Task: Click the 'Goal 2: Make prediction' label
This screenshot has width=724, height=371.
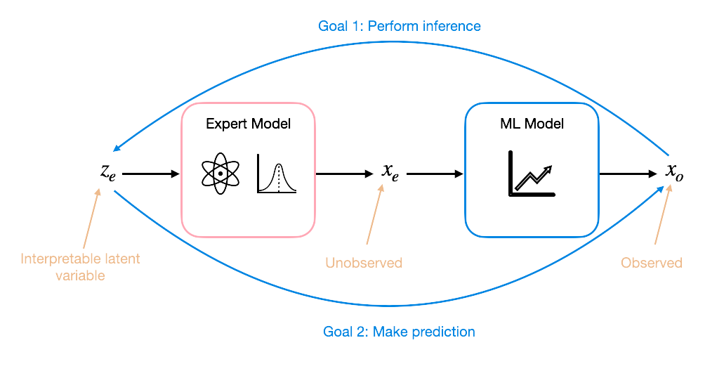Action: point(399,332)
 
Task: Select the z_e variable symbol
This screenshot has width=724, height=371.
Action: point(107,171)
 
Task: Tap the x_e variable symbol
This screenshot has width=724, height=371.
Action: point(390,171)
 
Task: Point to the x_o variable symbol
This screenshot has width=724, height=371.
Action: point(673,171)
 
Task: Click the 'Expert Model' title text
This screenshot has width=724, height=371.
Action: point(248,124)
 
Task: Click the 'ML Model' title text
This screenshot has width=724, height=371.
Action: point(532,124)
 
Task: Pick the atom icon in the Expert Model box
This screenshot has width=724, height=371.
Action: point(221,173)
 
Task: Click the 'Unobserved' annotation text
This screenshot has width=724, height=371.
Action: point(364,263)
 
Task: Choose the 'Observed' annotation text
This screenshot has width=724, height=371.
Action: point(652,263)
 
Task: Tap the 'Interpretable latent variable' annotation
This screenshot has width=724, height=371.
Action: point(80,267)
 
